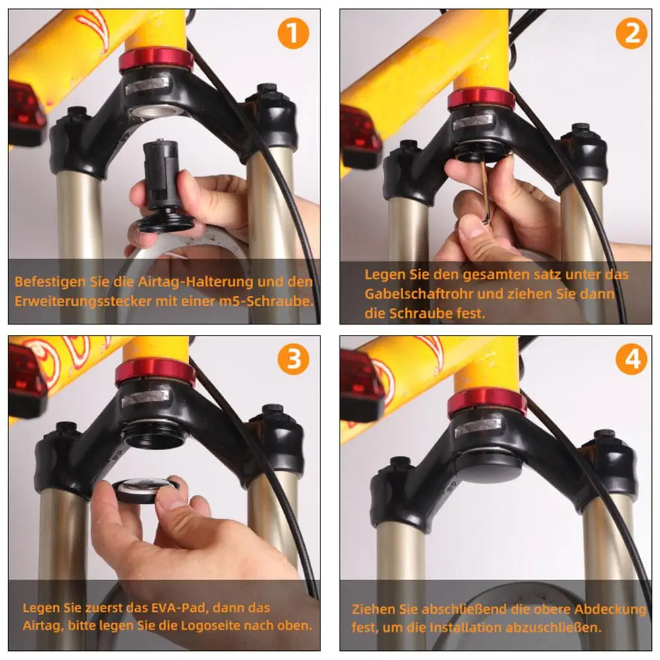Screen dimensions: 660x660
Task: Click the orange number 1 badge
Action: pos(293,33)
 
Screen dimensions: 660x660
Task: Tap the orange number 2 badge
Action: pos(632,33)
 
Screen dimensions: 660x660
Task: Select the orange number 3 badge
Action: pos(294,359)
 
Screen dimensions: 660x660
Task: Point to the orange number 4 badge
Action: pos(632,359)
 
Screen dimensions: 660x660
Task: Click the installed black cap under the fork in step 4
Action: pos(489,464)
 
